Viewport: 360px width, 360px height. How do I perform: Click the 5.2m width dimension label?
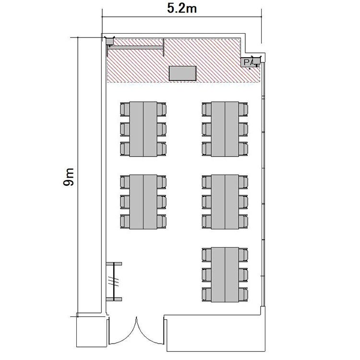pos(181,9)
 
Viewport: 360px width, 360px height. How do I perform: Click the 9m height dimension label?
pos(69,177)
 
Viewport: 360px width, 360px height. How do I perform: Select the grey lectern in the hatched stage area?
pos(183,73)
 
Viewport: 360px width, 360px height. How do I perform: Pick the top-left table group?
pos(143,129)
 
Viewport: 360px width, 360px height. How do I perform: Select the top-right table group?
pos(225,129)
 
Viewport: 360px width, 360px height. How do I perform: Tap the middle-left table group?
pos(143,202)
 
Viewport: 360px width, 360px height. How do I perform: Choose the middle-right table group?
pos(225,202)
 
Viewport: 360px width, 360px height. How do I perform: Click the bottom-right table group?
pos(225,275)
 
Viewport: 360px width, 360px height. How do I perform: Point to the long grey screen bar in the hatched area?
pos(136,48)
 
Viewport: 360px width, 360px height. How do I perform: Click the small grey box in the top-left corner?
pos(109,41)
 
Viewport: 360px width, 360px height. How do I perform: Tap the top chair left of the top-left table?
pos(125,109)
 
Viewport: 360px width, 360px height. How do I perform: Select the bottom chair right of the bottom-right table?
pos(243,294)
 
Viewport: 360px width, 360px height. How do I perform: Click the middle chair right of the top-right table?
pos(243,129)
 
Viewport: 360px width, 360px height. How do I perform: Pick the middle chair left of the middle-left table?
pos(125,202)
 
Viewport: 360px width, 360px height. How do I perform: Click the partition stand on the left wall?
pos(114,281)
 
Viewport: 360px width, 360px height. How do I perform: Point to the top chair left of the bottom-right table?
pos(206,255)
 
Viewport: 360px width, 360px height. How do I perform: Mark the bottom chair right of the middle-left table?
pos(162,221)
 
